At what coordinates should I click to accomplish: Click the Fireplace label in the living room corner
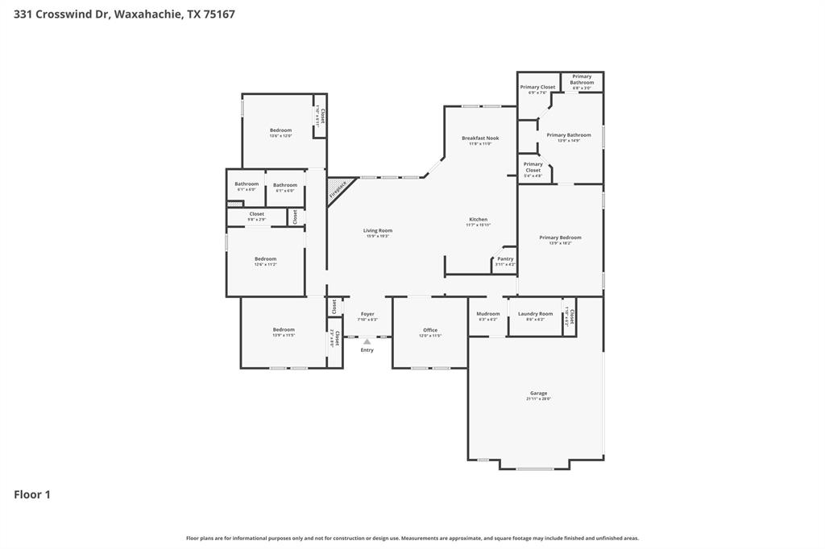338,190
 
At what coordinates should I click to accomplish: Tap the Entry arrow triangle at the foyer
367,341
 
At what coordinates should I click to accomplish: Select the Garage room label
539,394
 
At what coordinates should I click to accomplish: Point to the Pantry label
505,258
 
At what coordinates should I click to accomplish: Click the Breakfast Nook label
480,138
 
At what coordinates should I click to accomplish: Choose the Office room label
430,330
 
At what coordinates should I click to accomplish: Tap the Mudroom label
488,314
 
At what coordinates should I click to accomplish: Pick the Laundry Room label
536,314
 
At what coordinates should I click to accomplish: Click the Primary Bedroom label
560,237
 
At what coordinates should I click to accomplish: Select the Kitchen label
479,219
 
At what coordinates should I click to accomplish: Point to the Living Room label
378,230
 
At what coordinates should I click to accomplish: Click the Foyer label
367,314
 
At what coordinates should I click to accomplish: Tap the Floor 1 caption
32,494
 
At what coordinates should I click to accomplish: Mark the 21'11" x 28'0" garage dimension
539,399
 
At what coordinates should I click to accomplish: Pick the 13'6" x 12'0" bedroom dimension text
281,136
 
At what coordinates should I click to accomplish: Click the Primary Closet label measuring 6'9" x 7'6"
537,87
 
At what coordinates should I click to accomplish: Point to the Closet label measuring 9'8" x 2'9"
257,214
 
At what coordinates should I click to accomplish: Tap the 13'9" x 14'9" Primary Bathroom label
569,135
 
